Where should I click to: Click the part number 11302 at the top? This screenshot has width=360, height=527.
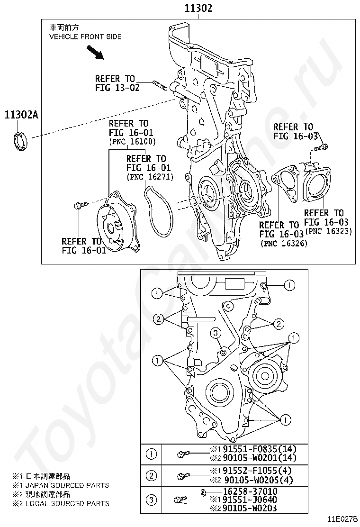198,8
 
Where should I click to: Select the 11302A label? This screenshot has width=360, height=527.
21,115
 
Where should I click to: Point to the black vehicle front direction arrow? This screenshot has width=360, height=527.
95,53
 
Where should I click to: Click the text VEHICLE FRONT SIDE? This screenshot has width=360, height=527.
85,36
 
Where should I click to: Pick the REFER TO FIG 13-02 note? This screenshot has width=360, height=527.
117,83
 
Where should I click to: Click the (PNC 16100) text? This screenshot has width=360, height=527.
133,142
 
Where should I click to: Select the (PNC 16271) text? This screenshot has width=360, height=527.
150,176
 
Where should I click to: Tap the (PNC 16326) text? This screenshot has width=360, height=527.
284,243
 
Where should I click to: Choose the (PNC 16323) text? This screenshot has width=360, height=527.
328,231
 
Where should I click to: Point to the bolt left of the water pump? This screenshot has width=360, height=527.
81,205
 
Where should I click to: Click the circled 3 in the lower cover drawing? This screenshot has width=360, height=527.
216,333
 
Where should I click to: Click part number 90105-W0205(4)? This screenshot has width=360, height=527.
259,480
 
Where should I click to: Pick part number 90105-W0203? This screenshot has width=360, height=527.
250,508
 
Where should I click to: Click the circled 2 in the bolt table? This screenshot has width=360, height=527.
152,475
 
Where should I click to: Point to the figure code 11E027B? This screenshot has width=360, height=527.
343,520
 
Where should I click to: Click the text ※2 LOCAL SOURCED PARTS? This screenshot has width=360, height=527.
61,503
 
